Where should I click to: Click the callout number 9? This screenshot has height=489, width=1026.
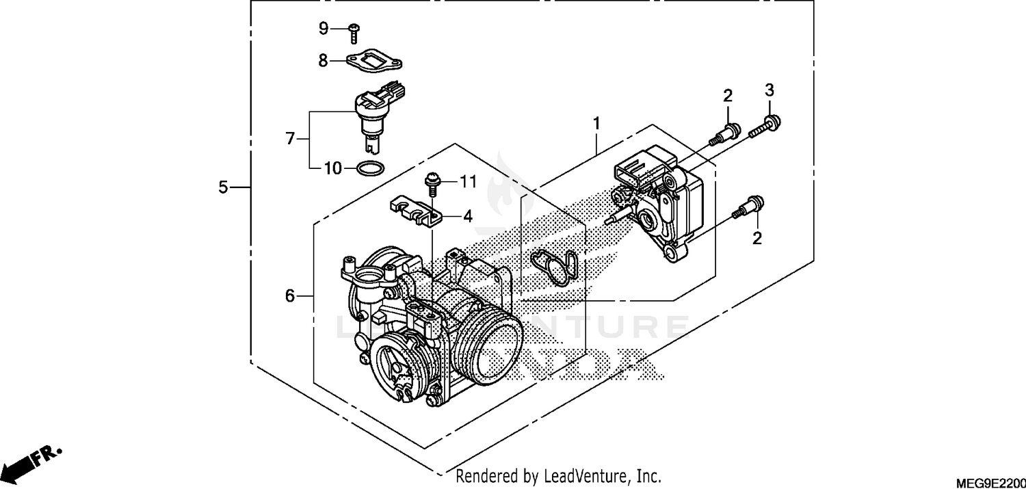(324, 28)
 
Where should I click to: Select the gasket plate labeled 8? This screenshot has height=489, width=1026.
(372, 60)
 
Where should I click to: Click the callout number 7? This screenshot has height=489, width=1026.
(290, 139)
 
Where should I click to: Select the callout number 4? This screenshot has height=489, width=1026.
(468, 217)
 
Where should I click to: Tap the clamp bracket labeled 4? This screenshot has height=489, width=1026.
(416, 211)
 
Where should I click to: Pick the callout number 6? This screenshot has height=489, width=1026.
(289, 296)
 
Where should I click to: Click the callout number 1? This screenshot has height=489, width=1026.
(596, 124)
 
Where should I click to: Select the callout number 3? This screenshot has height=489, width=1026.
(769, 90)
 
